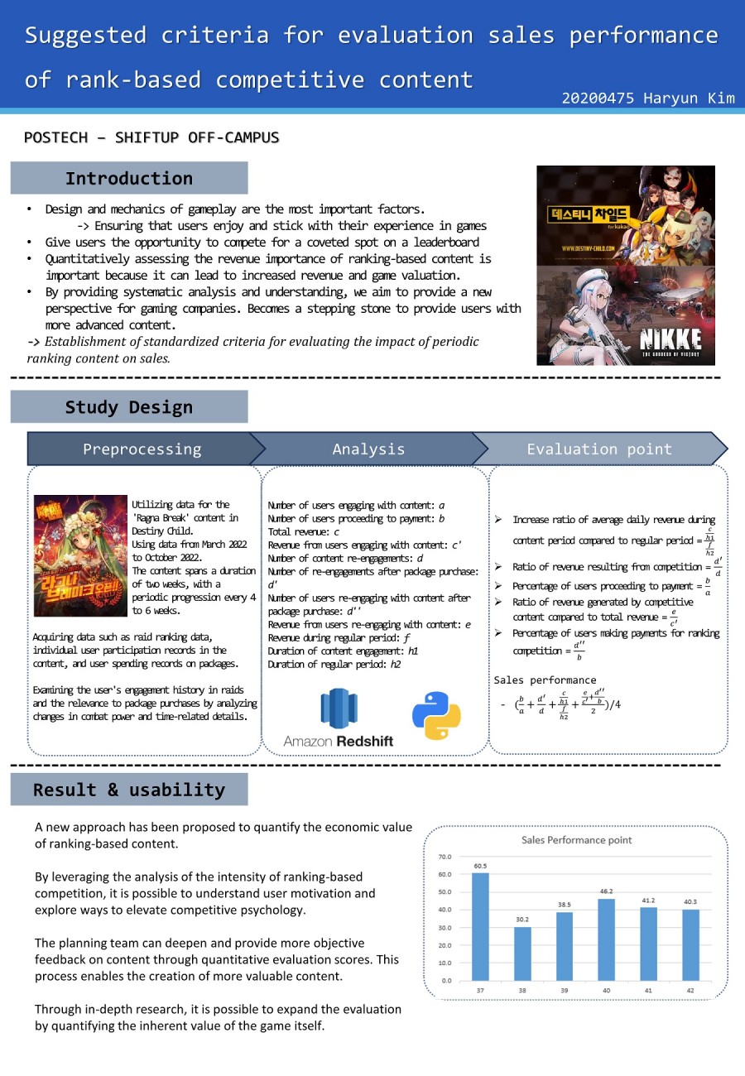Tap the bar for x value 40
point(606,939)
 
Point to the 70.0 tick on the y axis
point(445,857)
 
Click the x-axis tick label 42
point(690,991)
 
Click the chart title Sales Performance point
point(576,839)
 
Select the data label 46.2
point(606,891)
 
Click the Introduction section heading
point(128,178)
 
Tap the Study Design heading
point(128,407)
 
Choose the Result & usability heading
point(128,790)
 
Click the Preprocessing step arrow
point(142,449)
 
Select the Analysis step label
point(368,449)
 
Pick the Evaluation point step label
point(599,449)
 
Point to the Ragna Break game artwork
point(80,555)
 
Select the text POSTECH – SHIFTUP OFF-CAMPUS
point(151,137)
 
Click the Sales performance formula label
point(545,680)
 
